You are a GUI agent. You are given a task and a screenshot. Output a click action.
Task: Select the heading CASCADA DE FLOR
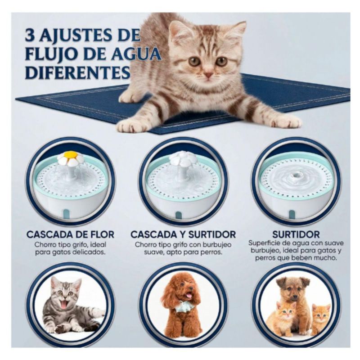coord(70,234)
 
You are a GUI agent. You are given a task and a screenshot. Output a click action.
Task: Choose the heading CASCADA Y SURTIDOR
coord(183,234)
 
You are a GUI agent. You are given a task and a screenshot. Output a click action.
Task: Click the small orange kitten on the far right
coord(321,319)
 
